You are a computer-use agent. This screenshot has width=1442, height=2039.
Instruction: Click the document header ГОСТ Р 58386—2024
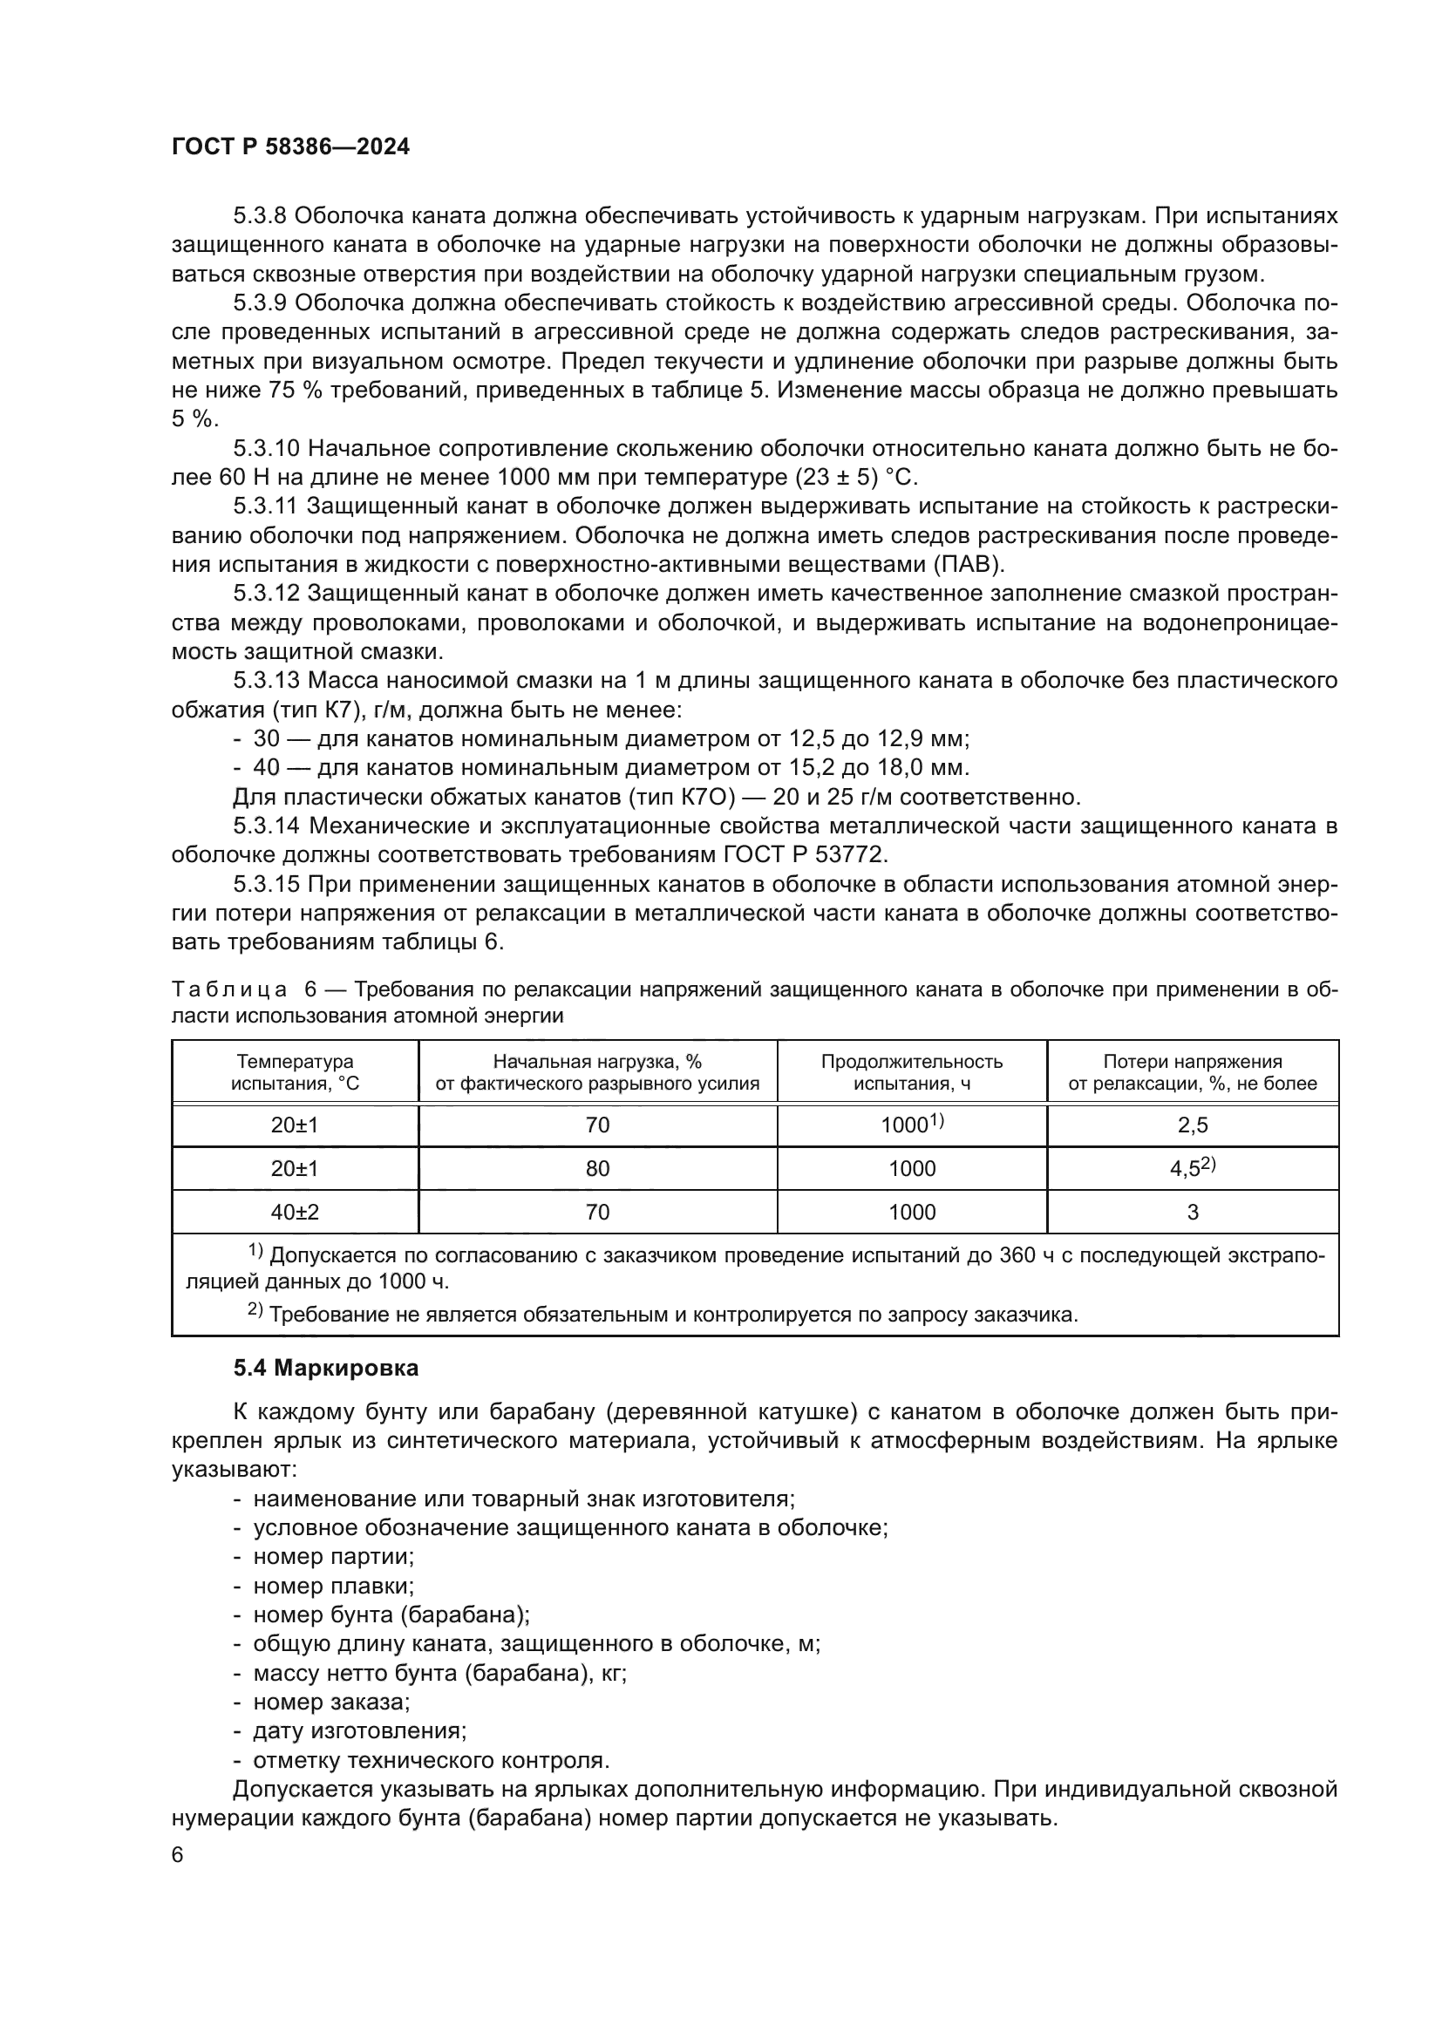tap(290, 147)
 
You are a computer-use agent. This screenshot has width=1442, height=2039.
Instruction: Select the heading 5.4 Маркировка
tap(326, 1368)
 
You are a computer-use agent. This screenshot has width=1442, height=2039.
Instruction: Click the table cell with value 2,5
tap(1192, 1125)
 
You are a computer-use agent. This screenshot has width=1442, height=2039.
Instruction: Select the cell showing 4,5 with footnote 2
tap(1192, 1168)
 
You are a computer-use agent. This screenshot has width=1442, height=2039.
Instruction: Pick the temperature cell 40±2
tap(295, 1212)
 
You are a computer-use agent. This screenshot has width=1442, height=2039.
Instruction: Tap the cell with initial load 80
tap(597, 1169)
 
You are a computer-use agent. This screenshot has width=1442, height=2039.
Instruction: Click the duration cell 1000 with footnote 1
tap(911, 1125)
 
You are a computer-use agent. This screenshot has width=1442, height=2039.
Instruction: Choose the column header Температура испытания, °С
tap(295, 1072)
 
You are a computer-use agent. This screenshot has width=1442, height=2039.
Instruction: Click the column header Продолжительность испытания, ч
tap(911, 1072)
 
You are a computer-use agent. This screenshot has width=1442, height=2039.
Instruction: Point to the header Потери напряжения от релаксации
tap(1192, 1072)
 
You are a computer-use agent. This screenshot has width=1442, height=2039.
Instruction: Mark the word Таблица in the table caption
tap(228, 989)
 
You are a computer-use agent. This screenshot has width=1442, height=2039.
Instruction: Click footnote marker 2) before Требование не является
tap(254, 1310)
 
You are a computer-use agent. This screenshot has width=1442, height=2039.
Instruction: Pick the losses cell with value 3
tap(1192, 1213)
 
